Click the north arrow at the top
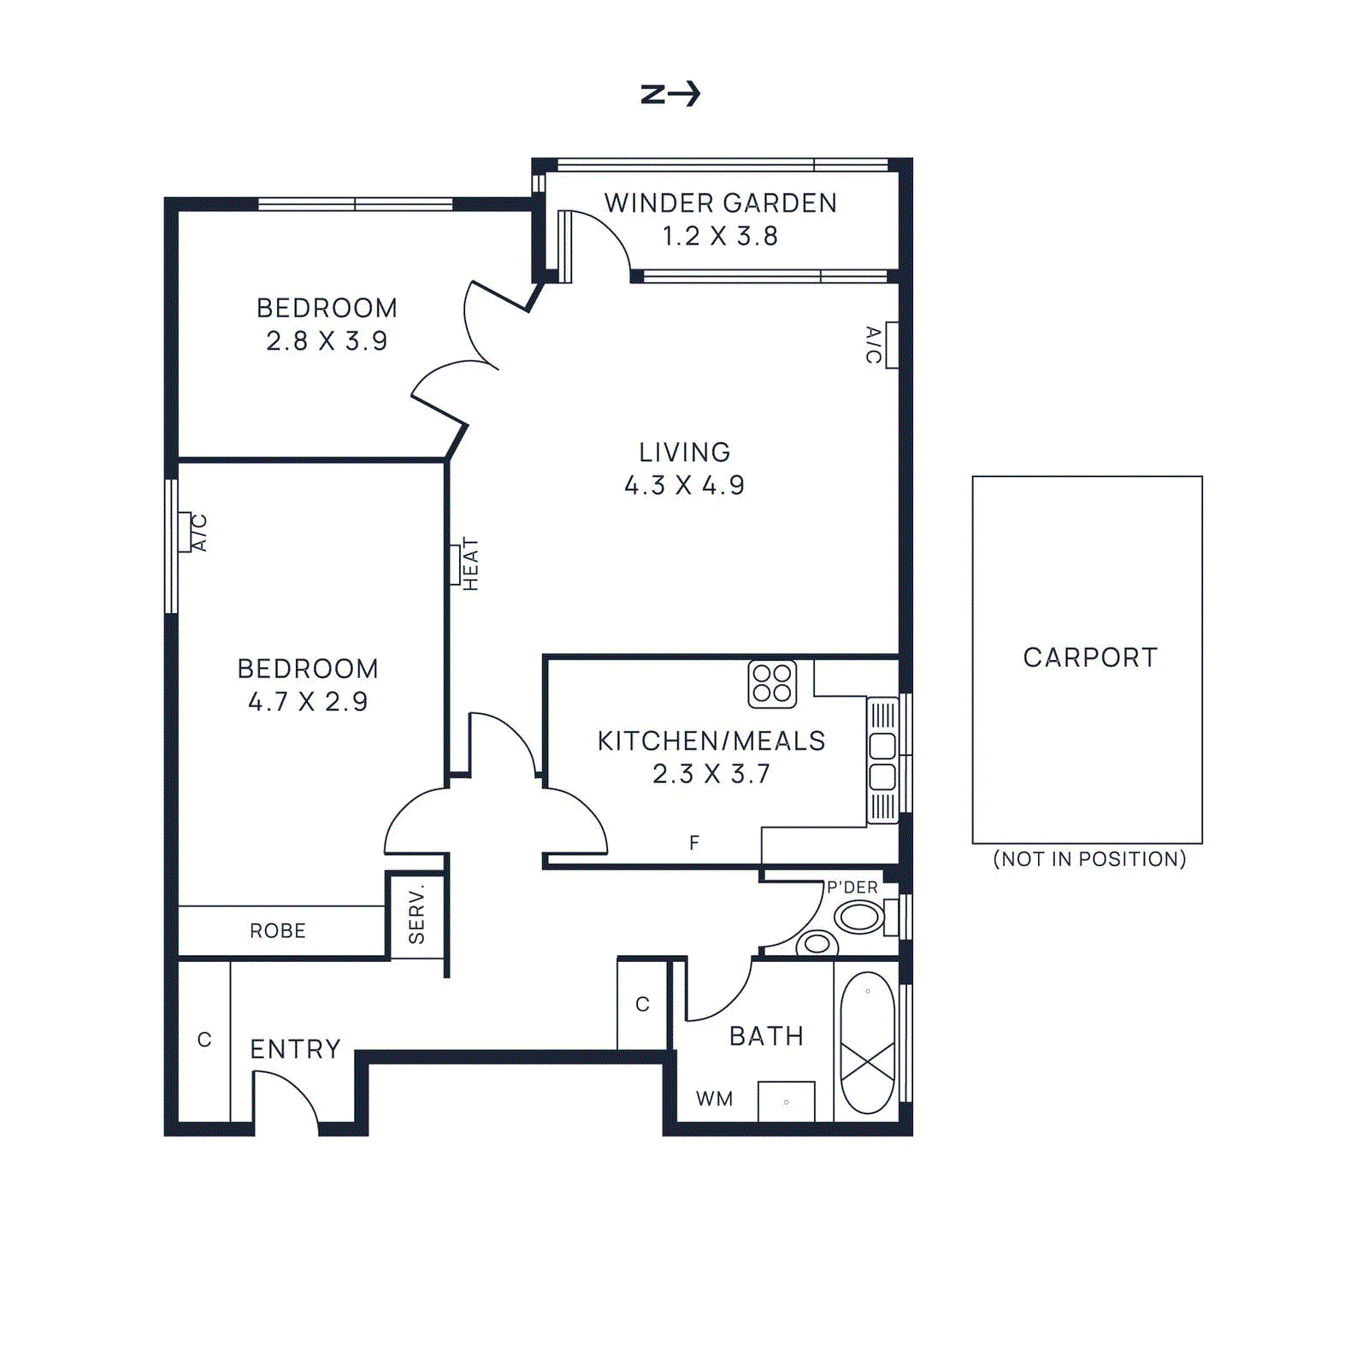pyautogui.click(x=670, y=93)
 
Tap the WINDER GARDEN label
pyautogui.click(x=720, y=203)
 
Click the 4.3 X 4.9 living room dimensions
pyautogui.click(x=684, y=486)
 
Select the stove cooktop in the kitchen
pyautogui.click(x=772, y=683)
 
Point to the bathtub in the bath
pyautogui.click(x=867, y=1042)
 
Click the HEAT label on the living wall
pyautogui.click(x=470, y=564)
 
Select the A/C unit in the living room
pyautogui.click(x=892, y=345)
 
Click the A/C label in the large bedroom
pyautogui.click(x=199, y=532)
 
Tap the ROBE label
pyautogui.click(x=278, y=931)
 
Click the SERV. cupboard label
pyautogui.click(x=416, y=915)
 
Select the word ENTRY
pyautogui.click(x=295, y=1049)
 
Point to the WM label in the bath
pyautogui.click(x=714, y=1099)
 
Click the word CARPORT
pyautogui.click(x=1090, y=657)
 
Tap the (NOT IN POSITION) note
pyautogui.click(x=1089, y=859)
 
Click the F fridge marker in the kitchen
pyautogui.click(x=694, y=843)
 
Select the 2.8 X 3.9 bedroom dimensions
pyautogui.click(x=327, y=341)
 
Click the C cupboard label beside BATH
pyautogui.click(x=642, y=1005)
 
